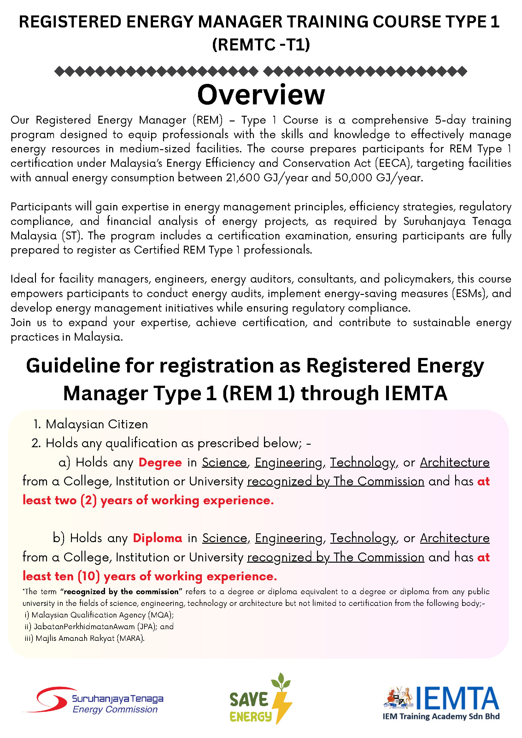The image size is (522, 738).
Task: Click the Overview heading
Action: (261, 95)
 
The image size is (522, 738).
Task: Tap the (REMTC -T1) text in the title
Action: (261, 44)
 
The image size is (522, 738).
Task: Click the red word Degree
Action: (160, 463)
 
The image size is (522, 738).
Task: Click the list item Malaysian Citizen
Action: (97, 424)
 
